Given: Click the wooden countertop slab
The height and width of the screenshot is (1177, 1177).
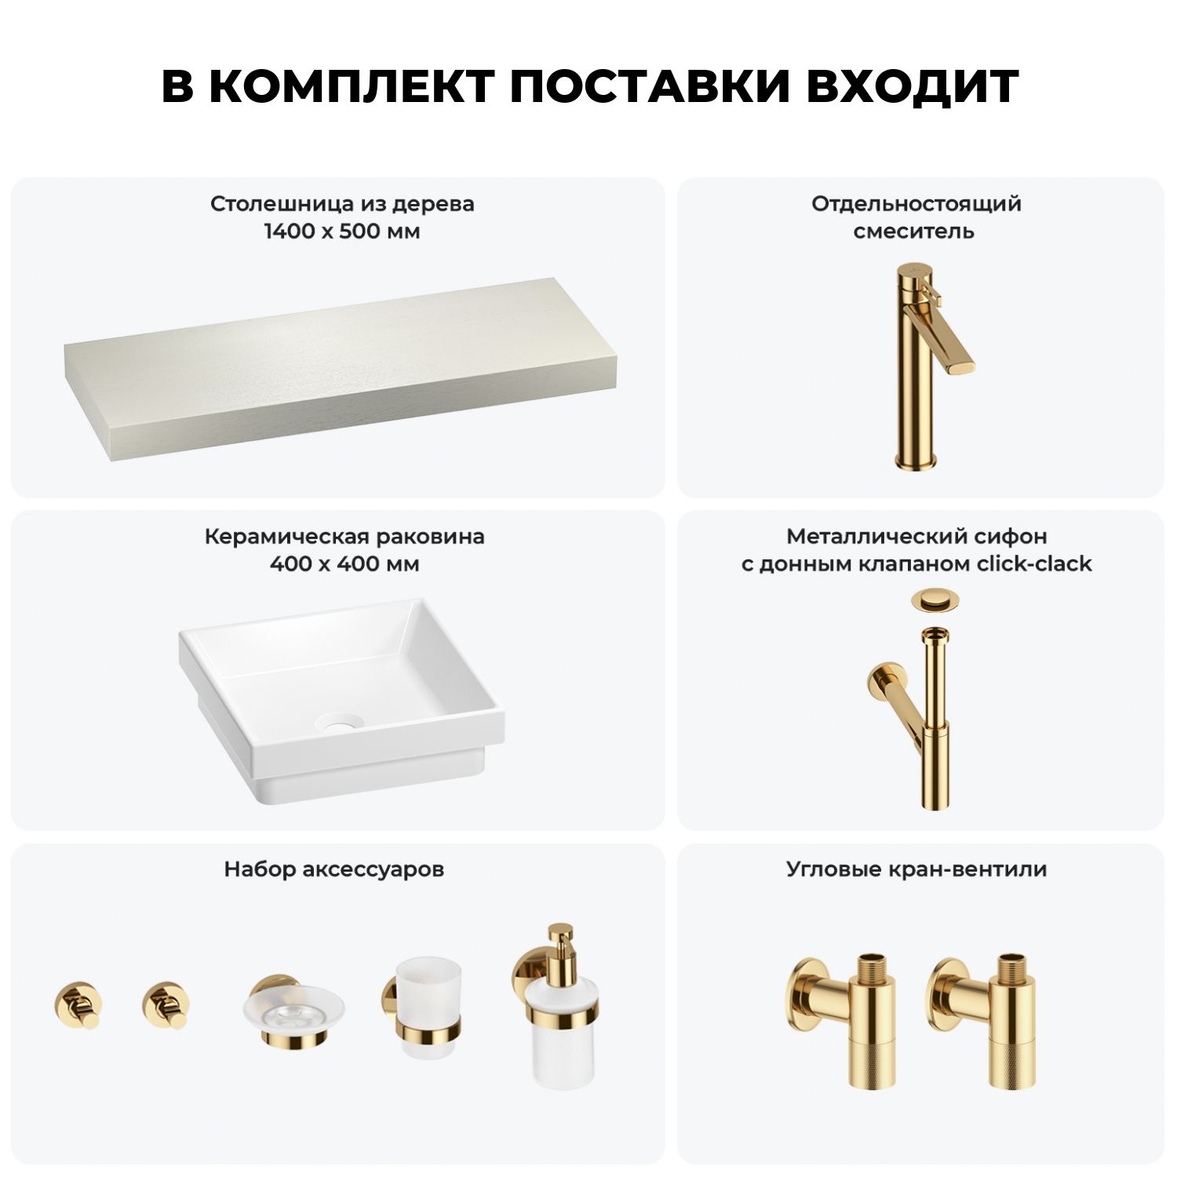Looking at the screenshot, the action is click(340, 369).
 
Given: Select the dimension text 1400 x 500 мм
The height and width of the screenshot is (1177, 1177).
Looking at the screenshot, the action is click(342, 231).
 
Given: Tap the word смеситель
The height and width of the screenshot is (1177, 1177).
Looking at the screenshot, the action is click(914, 231).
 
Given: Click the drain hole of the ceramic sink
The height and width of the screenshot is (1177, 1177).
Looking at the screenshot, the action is click(340, 723).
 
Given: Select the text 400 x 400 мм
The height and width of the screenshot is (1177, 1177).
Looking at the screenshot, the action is click(344, 564).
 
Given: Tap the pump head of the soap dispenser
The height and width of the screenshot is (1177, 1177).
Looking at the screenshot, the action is click(559, 944).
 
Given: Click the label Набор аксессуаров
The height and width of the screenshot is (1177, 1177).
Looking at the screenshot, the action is click(334, 869).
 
